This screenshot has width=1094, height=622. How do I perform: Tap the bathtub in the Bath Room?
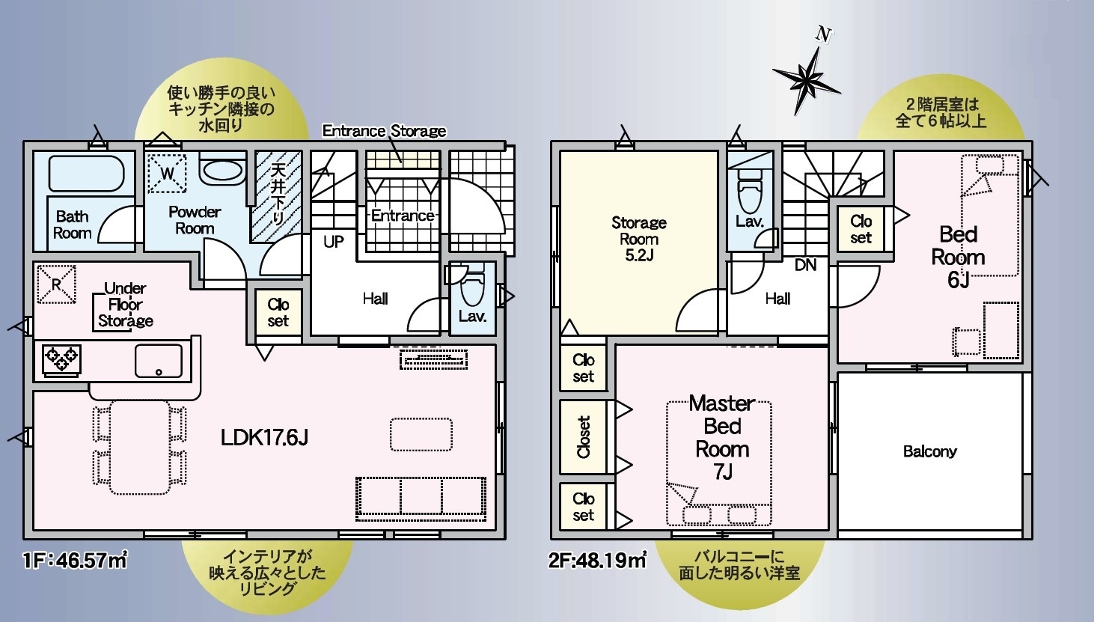(x=87, y=174)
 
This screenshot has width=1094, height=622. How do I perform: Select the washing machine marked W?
(x=167, y=174)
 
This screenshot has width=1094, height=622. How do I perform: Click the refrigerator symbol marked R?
(x=57, y=284)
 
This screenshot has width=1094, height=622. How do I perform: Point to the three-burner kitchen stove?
(x=61, y=359)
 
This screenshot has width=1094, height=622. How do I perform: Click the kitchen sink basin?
(x=158, y=361)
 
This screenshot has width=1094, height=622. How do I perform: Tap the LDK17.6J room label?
(x=264, y=437)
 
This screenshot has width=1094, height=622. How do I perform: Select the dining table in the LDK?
(x=140, y=447)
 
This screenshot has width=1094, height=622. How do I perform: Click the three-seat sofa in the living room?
(x=421, y=498)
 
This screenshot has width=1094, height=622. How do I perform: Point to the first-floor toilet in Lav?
(x=472, y=285)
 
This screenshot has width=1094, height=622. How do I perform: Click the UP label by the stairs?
(x=334, y=242)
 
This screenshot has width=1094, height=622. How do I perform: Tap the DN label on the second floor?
(x=805, y=265)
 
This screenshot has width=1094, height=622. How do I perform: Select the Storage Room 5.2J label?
(x=639, y=239)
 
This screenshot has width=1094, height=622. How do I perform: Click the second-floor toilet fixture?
(x=750, y=191)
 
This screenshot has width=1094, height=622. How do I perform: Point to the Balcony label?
(x=930, y=451)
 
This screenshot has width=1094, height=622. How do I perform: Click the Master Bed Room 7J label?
(x=722, y=438)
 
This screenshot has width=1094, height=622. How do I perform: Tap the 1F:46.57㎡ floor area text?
(x=76, y=560)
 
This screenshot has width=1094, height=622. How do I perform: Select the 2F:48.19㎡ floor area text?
(x=598, y=560)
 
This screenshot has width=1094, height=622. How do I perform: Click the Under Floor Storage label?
(x=126, y=305)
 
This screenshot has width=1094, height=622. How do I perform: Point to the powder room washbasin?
(x=222, y=171)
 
